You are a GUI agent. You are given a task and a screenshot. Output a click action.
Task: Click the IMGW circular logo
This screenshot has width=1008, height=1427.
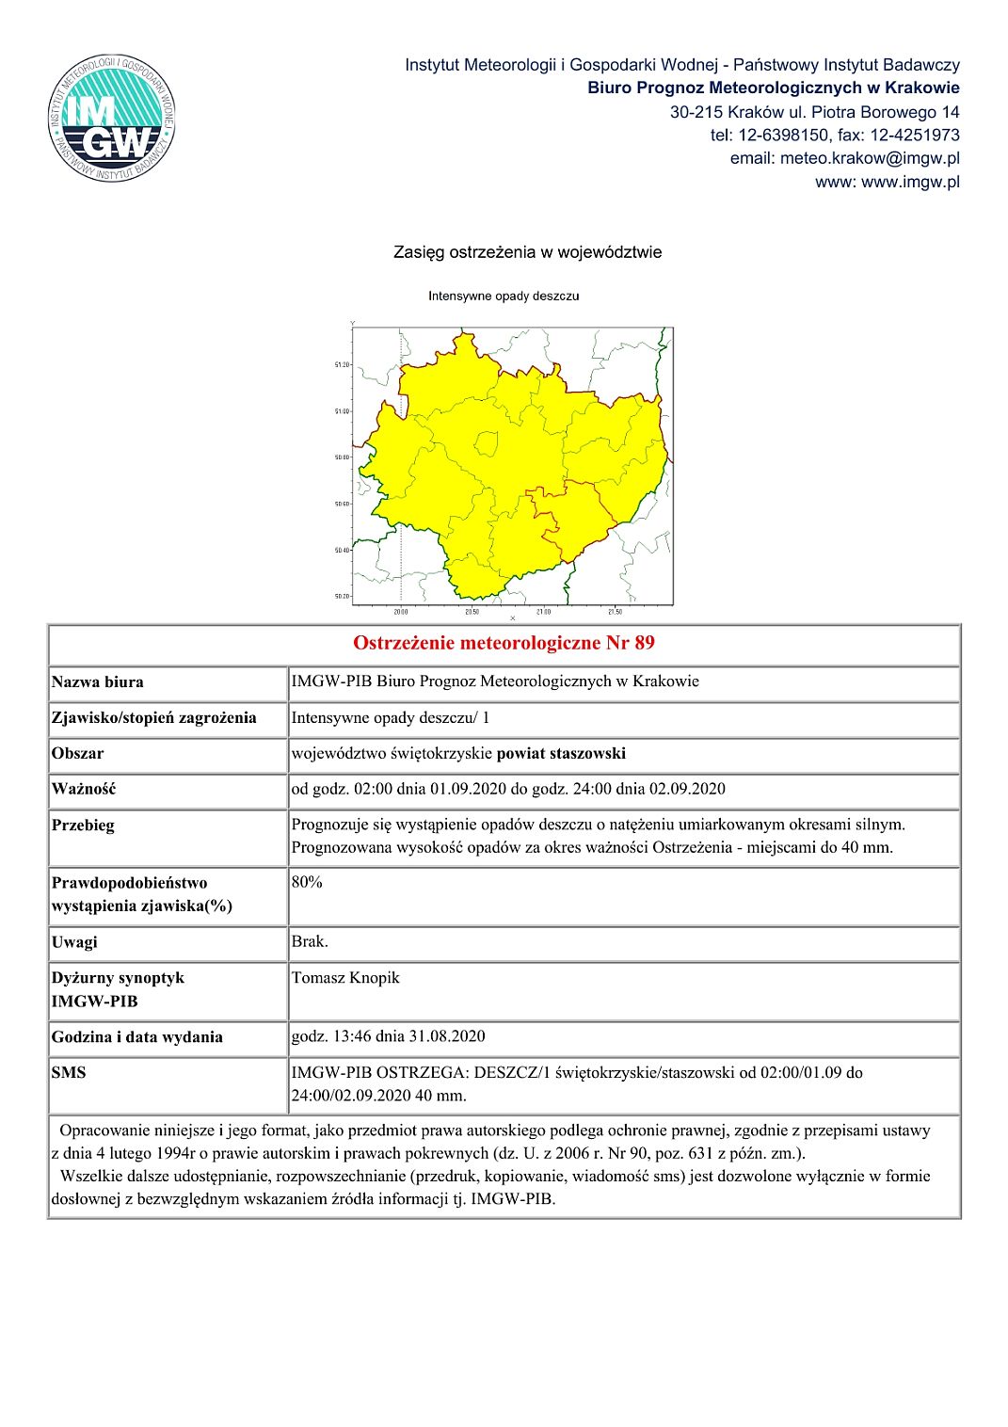tap(112, 119)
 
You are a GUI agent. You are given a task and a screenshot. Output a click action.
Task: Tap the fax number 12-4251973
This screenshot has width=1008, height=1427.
tap(914, 135)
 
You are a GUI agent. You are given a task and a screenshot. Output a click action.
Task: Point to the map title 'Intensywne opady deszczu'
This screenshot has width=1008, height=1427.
tap(504, 296)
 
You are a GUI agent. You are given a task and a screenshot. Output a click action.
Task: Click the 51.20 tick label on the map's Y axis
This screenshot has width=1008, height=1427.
tap(342, 364)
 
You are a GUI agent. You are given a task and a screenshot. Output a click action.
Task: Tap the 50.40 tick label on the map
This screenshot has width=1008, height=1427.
tap(342, 550)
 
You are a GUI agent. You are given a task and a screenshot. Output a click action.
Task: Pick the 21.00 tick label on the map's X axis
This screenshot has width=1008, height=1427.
tap(543, 612)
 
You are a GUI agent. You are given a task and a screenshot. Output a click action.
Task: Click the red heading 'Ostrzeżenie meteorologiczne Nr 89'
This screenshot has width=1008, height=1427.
tap(504, 643)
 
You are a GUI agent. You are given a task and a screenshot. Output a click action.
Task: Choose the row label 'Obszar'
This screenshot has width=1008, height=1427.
tap(78, 753)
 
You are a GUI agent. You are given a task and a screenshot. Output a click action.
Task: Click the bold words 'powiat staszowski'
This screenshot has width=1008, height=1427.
tap(561, 753)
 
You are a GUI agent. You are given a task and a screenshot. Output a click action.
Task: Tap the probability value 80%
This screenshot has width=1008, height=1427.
tap(307, 882)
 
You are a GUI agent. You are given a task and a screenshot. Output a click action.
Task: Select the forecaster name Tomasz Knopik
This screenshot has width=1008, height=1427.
tap(345, 978)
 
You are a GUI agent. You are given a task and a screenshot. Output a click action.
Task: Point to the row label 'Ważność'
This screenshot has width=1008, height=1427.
tap(84, 789)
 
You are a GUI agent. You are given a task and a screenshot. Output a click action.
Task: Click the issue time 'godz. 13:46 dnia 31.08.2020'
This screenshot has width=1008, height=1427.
tap(388, 1036)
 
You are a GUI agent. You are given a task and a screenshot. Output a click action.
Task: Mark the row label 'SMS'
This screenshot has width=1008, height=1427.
tap(69, 1072)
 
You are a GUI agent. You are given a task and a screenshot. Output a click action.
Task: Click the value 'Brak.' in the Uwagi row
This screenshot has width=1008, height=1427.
tap(310, 941)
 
